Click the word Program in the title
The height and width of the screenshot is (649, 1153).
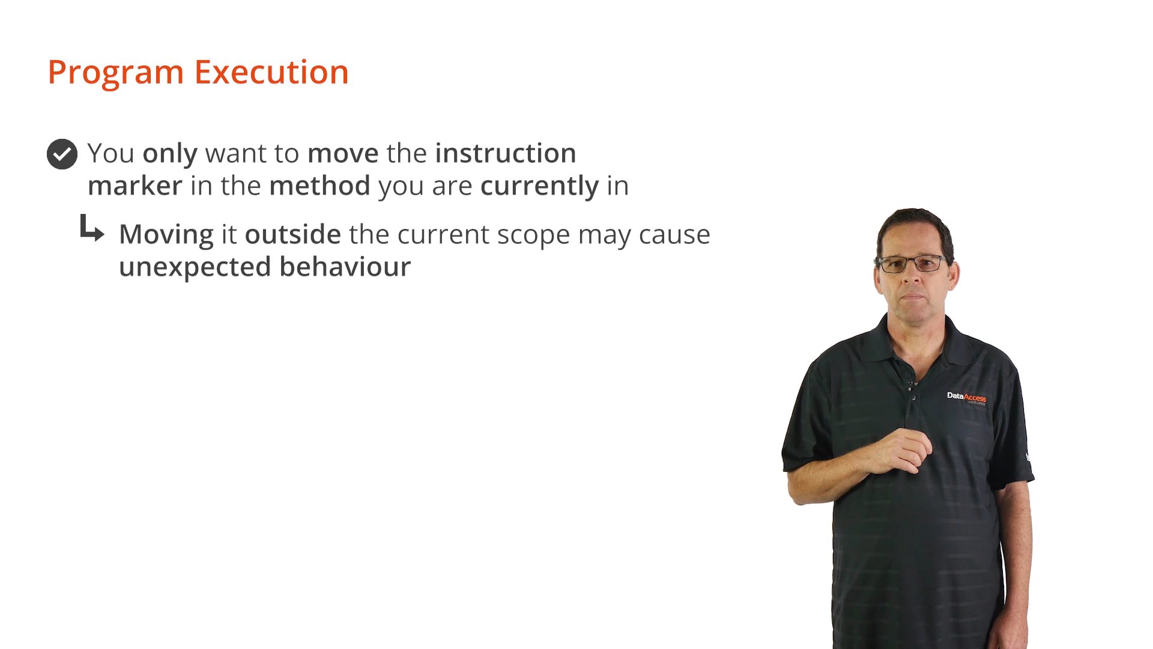116,73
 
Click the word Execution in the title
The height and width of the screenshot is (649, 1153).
271,72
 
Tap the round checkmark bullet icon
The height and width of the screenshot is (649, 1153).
62,154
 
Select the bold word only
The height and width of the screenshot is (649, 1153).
170,154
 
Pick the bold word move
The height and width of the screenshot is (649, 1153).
343,154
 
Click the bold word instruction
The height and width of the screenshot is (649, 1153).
506,153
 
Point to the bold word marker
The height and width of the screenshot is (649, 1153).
135,186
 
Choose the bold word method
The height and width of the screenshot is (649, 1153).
319,186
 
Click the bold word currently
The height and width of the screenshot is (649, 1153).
540,186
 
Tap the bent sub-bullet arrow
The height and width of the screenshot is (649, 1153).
91,228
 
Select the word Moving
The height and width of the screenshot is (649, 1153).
166,235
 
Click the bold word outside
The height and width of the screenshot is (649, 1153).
293,234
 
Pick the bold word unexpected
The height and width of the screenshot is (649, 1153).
195,267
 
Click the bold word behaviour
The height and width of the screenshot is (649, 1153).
345,267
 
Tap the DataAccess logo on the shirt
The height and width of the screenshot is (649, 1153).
966,397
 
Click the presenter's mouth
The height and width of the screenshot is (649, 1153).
912,296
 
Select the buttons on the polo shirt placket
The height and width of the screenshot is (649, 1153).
912,389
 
